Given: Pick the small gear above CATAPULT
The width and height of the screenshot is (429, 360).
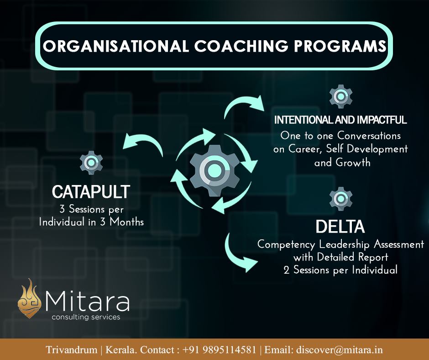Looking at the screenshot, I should [91, 162].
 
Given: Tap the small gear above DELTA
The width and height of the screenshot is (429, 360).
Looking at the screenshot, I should [340, 198].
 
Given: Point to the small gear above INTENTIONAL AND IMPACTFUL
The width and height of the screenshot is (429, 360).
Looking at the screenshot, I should [340, 97].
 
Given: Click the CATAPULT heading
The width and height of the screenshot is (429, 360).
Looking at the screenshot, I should [91, 192].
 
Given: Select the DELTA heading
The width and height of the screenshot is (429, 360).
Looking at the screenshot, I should [340, 226].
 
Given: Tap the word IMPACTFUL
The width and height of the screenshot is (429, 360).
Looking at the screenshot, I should [383, 121].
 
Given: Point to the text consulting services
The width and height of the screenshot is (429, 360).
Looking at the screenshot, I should [86, 317].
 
